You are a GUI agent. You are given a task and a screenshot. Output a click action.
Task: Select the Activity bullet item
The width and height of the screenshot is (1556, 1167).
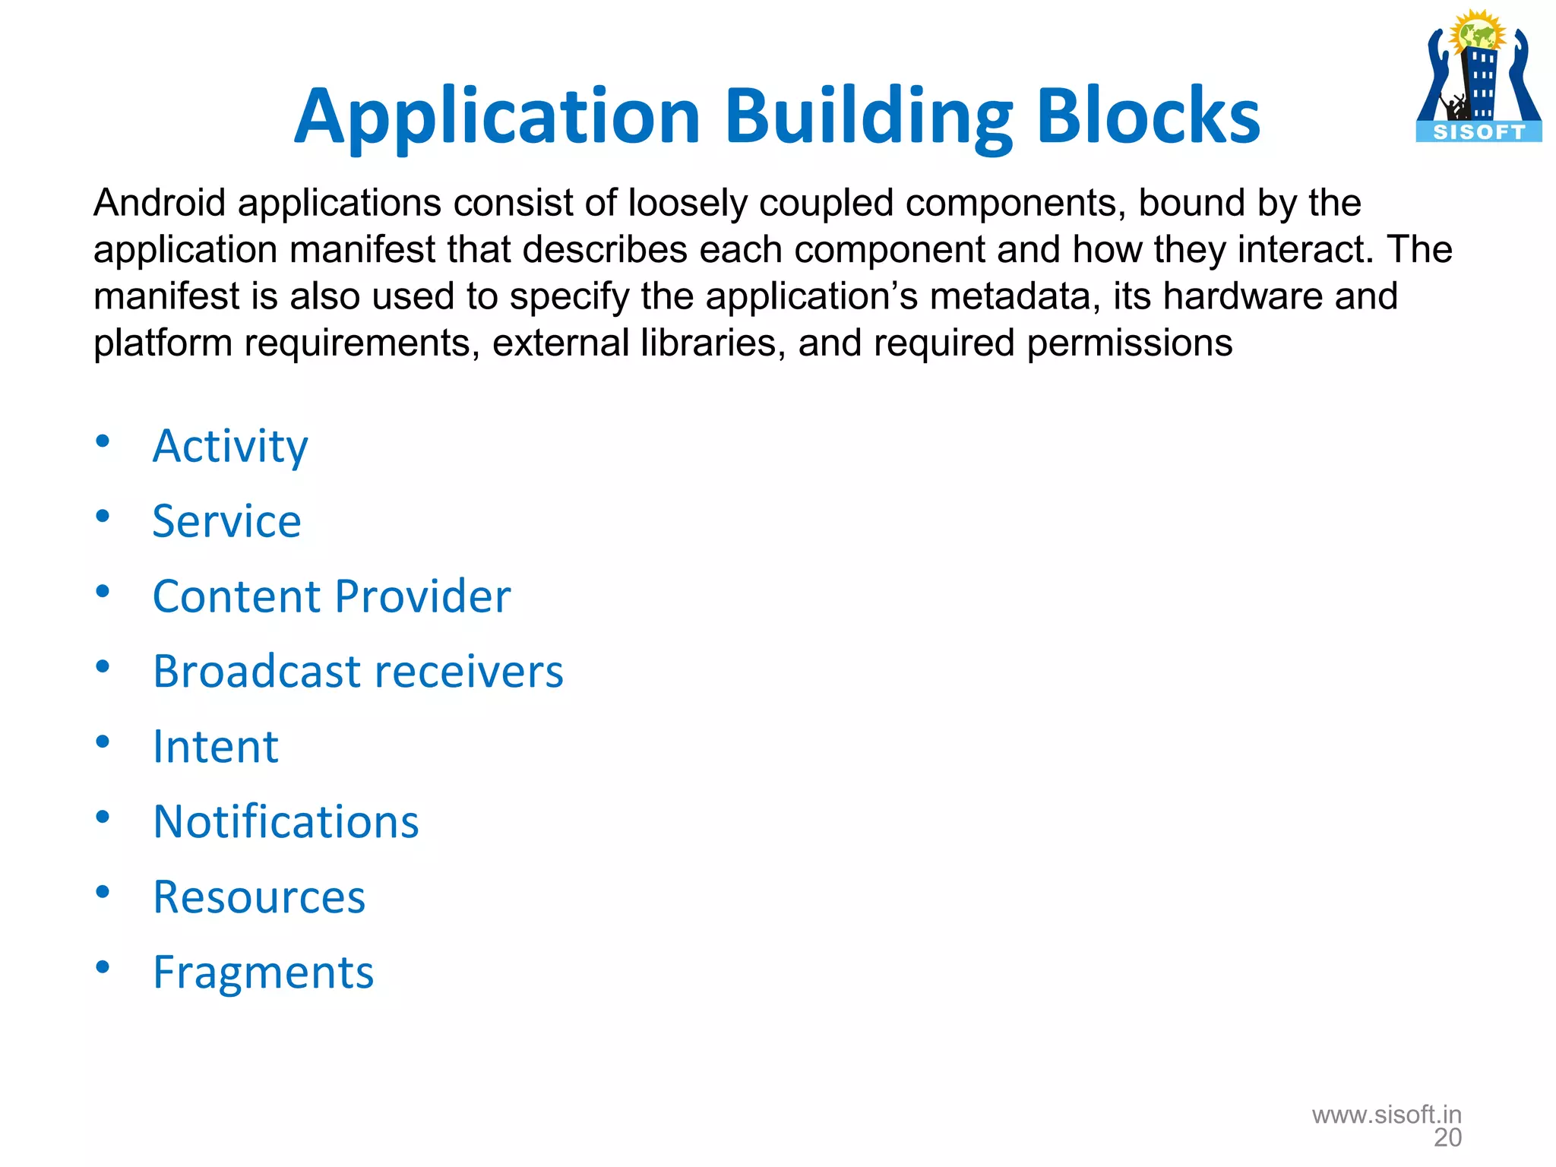tap(230, 446)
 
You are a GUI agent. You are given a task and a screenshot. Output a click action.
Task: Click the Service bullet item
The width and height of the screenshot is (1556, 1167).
tap(226, 521)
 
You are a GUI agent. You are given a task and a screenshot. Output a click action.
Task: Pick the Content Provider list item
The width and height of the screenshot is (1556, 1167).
tap(331, 596)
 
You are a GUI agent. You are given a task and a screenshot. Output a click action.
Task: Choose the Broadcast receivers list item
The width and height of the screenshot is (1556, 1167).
tap(358, 672)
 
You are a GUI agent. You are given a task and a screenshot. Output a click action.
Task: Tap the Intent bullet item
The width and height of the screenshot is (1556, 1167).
tap(216, 747)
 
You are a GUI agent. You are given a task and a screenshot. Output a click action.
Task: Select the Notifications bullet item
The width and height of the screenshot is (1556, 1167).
tap(286, 822)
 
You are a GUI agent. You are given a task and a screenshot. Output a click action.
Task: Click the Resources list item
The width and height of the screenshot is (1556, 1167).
tap(259, 897)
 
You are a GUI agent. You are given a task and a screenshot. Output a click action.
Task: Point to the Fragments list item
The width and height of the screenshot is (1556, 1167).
tap(263, 972)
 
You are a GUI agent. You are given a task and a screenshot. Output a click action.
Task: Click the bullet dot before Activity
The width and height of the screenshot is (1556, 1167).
tap(103, 441)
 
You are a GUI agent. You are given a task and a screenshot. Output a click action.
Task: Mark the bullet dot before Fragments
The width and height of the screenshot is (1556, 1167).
tap(103, 967)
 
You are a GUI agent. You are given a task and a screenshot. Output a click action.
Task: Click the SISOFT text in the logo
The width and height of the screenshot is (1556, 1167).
tap(1479, 132)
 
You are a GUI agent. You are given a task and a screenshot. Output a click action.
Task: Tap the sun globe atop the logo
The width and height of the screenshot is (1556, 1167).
tap(1477, 33)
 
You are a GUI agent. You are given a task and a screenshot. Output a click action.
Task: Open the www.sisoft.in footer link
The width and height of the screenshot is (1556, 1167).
tap(1387, 1115)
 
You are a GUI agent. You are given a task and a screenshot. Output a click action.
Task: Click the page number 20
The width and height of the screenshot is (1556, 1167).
tap(1447, 1138)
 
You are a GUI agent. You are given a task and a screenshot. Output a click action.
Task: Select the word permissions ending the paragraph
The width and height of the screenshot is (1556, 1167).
tap(1129, 343)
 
